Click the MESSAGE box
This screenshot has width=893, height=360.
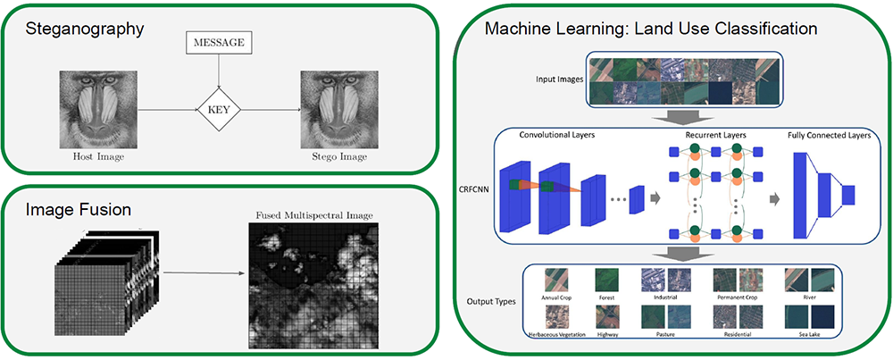(x=219, y=43)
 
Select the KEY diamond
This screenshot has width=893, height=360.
(x=219, y=110)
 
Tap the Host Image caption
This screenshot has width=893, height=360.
(x=98, y=156)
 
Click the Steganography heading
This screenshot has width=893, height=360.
(x=84, y=29)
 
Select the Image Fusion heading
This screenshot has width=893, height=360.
(x=79, y=210)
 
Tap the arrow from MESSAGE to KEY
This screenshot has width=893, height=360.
(x=219, y=71)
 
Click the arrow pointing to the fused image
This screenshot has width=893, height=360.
(x=204, y=272)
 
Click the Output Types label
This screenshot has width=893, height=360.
(x=491, y=300)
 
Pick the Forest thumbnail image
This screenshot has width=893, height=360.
(x=606, y=280)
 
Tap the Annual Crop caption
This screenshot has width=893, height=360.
(x=556, y=297)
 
